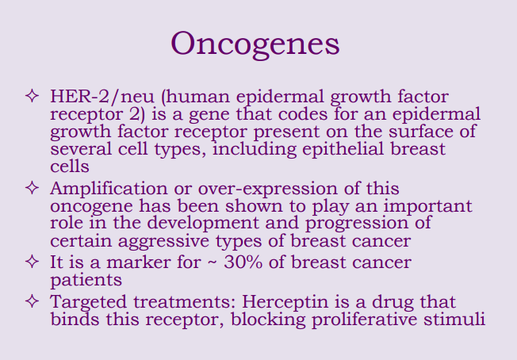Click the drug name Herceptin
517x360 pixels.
pos(295,302)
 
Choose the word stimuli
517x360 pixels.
pos(456,320)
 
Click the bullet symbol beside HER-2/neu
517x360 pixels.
pos(32,98)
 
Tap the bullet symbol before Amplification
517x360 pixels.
pos(32,189)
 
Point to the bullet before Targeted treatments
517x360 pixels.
pos(32,302)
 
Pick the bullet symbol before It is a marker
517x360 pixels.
pos(32,261)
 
